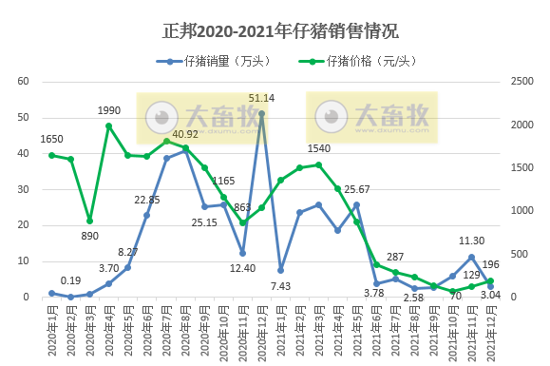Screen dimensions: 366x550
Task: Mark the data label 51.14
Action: tap(262, 98)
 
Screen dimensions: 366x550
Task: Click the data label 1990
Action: tap(109, 111)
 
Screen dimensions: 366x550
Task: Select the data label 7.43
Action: tap(280, 286)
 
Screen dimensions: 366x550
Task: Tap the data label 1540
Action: tap(319, 149)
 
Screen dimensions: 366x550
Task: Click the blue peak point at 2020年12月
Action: tap(261, 113)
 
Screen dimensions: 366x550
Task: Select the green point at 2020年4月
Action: tap(109, 125)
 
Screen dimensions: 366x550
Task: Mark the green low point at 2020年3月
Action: tap(90, 221)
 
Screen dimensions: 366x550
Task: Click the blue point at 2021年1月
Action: tap(280, 270)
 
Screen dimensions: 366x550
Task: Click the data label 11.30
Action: tap(472, 242)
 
